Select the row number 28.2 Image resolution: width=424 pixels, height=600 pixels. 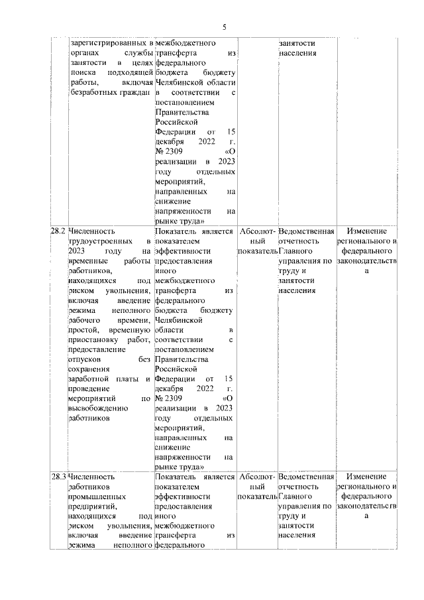click(58, 232)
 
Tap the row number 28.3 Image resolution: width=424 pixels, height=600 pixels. click(58, 476)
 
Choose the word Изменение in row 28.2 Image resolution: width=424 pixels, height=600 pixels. click(368, 232)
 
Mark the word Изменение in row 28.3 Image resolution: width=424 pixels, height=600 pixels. click(368, 476)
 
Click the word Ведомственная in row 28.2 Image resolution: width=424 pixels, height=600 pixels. click(306, 232)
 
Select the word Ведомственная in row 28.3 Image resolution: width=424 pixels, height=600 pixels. click(306, 476)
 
